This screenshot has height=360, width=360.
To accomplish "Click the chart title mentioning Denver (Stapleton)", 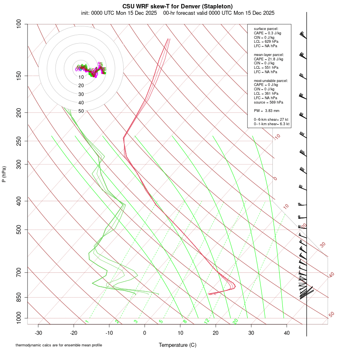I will pos(177,6).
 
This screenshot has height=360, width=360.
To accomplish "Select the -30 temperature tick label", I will pos(38,333).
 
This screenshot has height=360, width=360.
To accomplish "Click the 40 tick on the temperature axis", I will pos(287,333).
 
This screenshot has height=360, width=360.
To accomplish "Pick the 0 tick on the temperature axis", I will pos(145,333).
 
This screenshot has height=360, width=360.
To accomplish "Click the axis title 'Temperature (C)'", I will pos(178,345).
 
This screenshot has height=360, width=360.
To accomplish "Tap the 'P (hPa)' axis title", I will pos(4,174).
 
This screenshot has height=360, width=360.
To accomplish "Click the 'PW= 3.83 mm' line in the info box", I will pos(266,110).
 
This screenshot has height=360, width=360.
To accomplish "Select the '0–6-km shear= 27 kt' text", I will pos(271,120).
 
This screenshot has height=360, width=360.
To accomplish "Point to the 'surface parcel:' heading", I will pos(266,29).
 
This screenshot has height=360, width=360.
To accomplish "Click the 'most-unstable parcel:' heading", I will pos(271,81).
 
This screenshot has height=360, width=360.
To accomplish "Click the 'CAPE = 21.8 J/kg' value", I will pos(268,59).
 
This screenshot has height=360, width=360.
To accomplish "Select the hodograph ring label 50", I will pos(81,111).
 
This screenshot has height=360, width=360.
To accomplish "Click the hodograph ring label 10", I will pos(81,77).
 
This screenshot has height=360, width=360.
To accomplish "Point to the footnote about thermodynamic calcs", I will pos(59,345).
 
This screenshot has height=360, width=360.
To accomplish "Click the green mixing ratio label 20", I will pos(236,321).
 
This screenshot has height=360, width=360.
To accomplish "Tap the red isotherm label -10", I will pos(276,137).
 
